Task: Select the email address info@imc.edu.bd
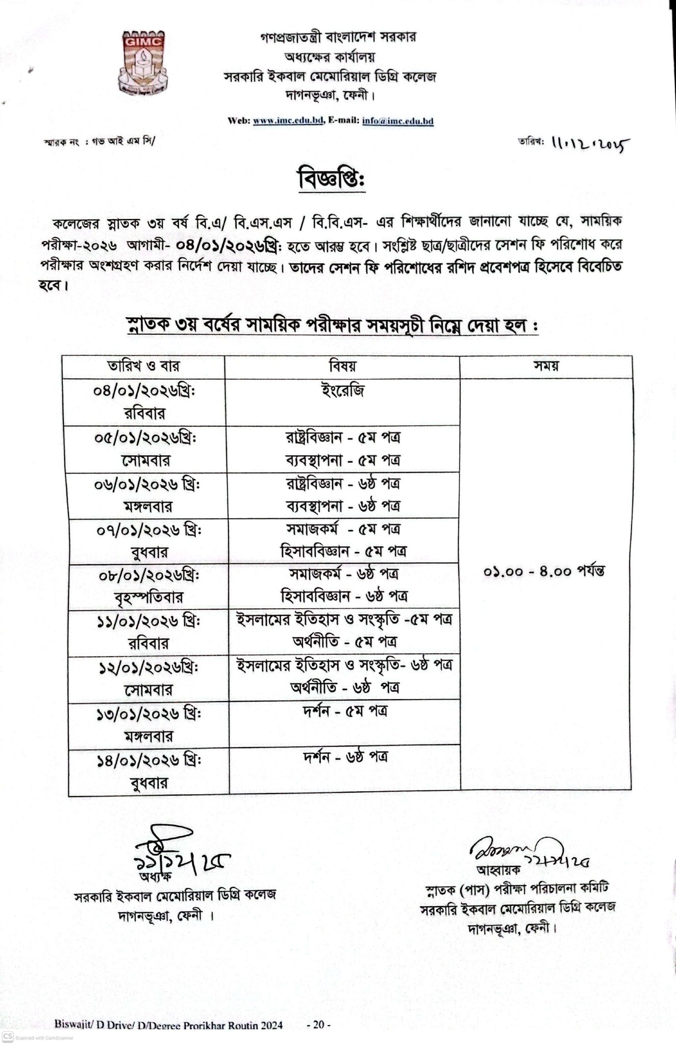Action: (398, 121)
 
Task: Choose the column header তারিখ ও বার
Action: (143, 366)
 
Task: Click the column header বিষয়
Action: (342, 366)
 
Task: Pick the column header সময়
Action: (545, 366)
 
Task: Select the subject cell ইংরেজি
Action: (342, 391)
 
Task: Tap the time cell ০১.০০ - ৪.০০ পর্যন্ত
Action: (544, 571)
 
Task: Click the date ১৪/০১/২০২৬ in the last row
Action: (148, 760)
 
